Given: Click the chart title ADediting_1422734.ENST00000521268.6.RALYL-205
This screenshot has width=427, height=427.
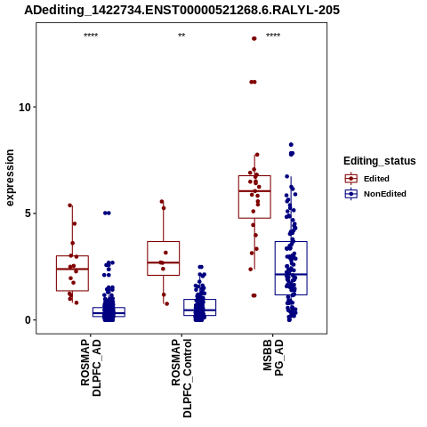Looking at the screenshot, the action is pyautogui.click(x=181, y=10).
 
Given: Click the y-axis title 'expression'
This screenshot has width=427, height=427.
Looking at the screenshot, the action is pyautogui.click(x=10, y=178).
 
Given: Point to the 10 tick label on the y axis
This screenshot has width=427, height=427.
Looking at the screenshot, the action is pyautogui.click(x=25, y=107).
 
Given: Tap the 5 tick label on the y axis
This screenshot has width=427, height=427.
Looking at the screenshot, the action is pyautogui.click(x=28, y=213).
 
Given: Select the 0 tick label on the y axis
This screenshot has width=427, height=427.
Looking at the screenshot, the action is pyautogui.click(x=28, y=320).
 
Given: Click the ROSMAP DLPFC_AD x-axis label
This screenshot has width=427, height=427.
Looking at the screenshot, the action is pyautogui.click(x=91, y=367).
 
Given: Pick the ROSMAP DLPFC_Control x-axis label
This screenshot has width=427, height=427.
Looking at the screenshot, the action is pyautogui.click(x=181, y=378).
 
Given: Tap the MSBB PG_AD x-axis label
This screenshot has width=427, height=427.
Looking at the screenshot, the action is pyautogui.click(x=273, y=358).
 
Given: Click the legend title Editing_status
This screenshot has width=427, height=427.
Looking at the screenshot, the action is pyautogui.click(x=380, y=161).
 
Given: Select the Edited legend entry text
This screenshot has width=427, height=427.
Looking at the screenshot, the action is pyautogui.click(x=376, y=179).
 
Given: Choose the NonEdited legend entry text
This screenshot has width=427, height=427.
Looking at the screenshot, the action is pyautogui.click(x=385, y=194).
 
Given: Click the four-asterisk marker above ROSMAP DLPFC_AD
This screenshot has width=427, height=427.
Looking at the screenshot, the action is pyautogui.click(x=91, y=36).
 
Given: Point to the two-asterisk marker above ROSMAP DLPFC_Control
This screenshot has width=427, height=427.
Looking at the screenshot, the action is pyautogui.click(x=181, y=36).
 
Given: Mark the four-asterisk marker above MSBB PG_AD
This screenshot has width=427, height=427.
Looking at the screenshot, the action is pyautogui.click(x=273, y=36).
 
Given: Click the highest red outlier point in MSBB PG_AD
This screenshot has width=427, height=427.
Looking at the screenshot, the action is pyautogui.click(x=254, y=38).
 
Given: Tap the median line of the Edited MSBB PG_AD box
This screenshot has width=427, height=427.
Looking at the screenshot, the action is pyautogui.click(x=254, y=191).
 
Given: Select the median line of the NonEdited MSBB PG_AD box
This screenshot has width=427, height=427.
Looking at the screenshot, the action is pyautogui.click(x=291, y=274).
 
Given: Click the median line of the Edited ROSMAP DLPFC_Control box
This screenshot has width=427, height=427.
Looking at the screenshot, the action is pyautogui.click(x=164, y=262).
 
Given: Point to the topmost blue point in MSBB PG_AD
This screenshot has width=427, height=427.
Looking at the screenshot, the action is pyautogui.click(x=291, y=145).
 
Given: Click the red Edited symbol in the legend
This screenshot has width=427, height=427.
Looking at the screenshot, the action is pyautogui.click(x=351, y=179).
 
